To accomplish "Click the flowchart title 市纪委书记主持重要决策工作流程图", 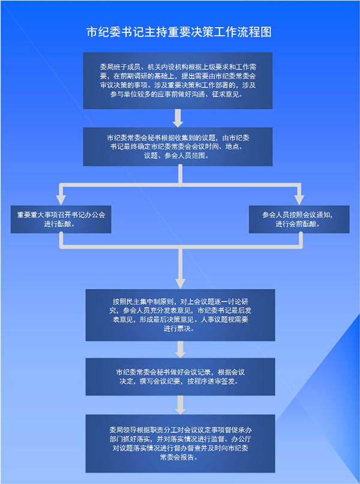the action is pos(179,32).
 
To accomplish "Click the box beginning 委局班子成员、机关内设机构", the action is pos(178,80).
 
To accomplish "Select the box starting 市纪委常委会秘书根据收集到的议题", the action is pos(178,146).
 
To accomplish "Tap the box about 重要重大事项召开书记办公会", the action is pos(61,219).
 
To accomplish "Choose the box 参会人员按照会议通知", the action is pos(299,219).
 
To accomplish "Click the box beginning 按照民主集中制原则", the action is pos(181,315).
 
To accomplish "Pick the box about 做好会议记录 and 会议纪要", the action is pos(181,377).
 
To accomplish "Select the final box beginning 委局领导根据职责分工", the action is pos(181,443).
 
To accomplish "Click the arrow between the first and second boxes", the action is pos(178,118).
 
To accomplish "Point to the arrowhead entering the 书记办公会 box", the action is pos(61,200).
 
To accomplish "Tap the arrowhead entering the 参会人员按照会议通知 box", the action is pos(299,200).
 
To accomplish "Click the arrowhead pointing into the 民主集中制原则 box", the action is pos(181,283).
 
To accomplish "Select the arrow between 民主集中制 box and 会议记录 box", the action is pos(181,350).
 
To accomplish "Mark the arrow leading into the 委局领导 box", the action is pos(181,405).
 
